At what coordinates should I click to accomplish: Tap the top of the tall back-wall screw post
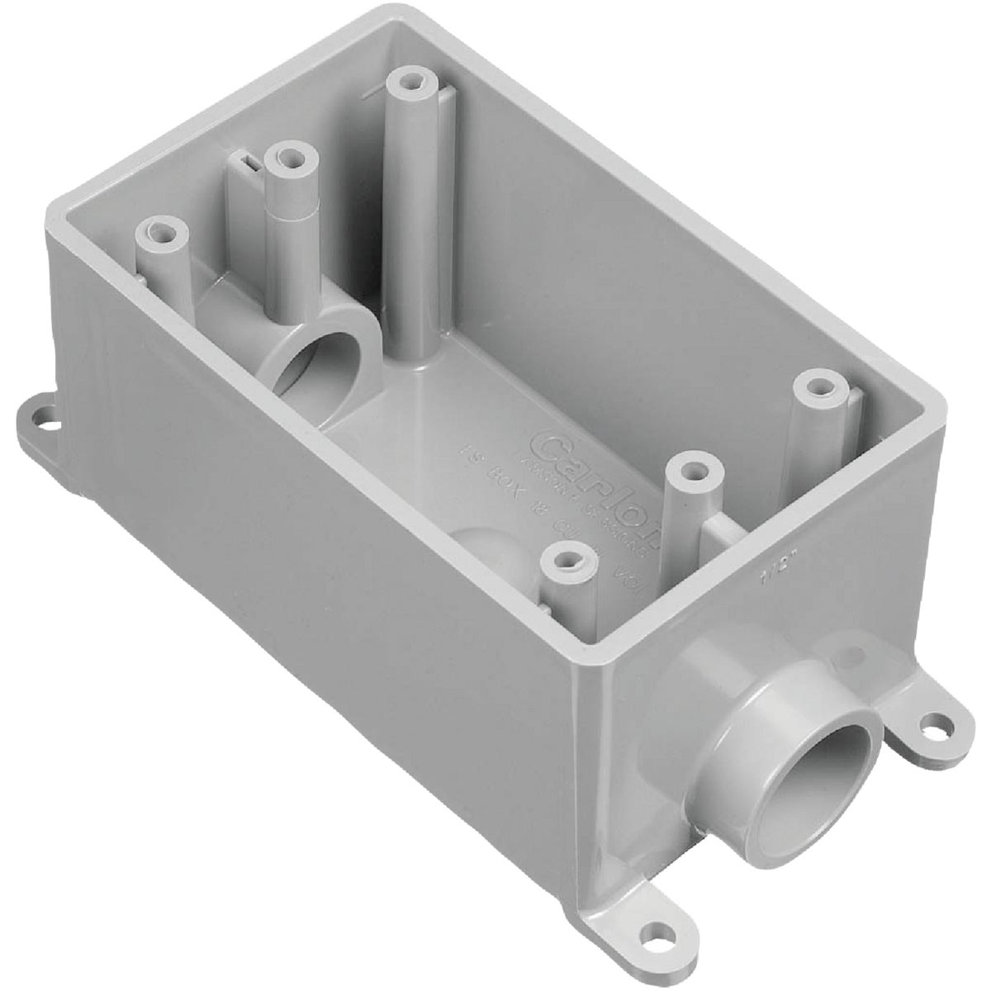[410, 82]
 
